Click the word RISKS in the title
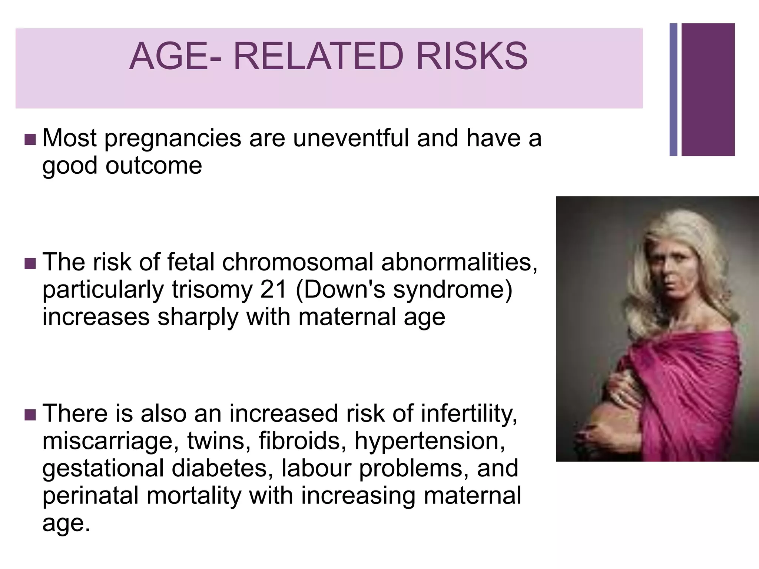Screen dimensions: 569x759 pyautogui.click(x=471, y=56)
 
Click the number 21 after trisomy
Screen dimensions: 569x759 pyautogui.click(x=274, y=290)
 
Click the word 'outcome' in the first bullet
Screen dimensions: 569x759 pyautogui.click(x=154, y=166)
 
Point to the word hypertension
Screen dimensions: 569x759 pyautogui.click(x=430, y=441)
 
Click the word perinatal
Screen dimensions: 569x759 pyautogui.click(x=91, y=496)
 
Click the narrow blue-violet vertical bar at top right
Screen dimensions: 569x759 pyautogui.click(x=673, y=90)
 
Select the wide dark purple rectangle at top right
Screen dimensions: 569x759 pyautogui.click(x=708, y=90)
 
